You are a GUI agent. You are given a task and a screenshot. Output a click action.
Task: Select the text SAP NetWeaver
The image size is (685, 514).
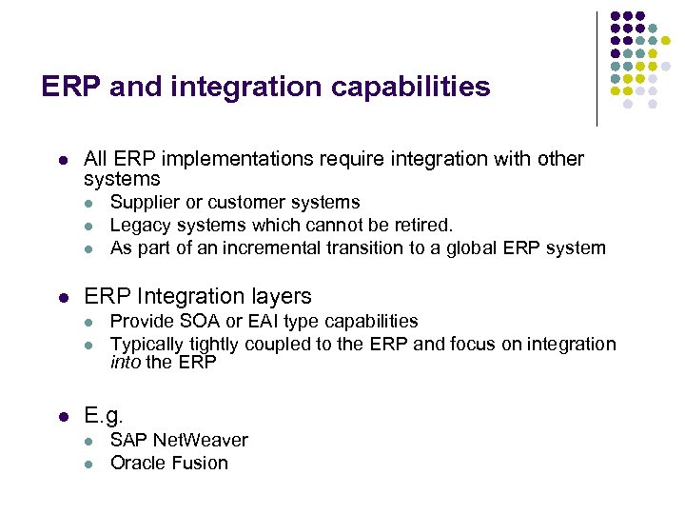click(179, 440)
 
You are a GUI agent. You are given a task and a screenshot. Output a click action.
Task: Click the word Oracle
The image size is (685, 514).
click(137, 464)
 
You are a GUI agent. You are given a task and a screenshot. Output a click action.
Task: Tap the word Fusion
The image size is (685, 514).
click(198, 464)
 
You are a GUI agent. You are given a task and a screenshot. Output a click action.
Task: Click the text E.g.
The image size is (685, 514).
click(104, 415)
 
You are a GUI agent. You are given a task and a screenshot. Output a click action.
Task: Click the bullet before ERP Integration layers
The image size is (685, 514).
click(61, 297)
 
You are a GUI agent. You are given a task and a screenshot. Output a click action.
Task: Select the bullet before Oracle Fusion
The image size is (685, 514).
click(88, 465)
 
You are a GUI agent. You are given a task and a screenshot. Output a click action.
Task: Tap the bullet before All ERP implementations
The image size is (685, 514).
click(61, 159)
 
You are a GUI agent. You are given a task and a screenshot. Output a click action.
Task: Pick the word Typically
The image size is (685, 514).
click(148, 345)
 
